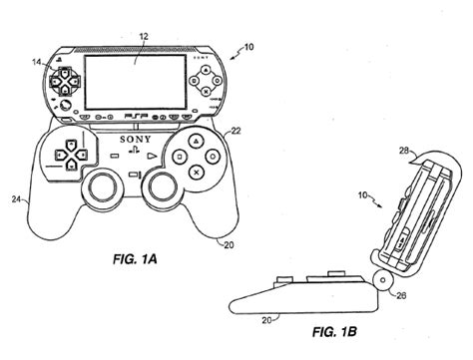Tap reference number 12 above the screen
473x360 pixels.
pyautogui.click(x=144, y=37)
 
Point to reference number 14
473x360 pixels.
pyautogui.click(x=37, y=62)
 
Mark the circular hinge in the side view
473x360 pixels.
pyautogui.click(x=383, y=281)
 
